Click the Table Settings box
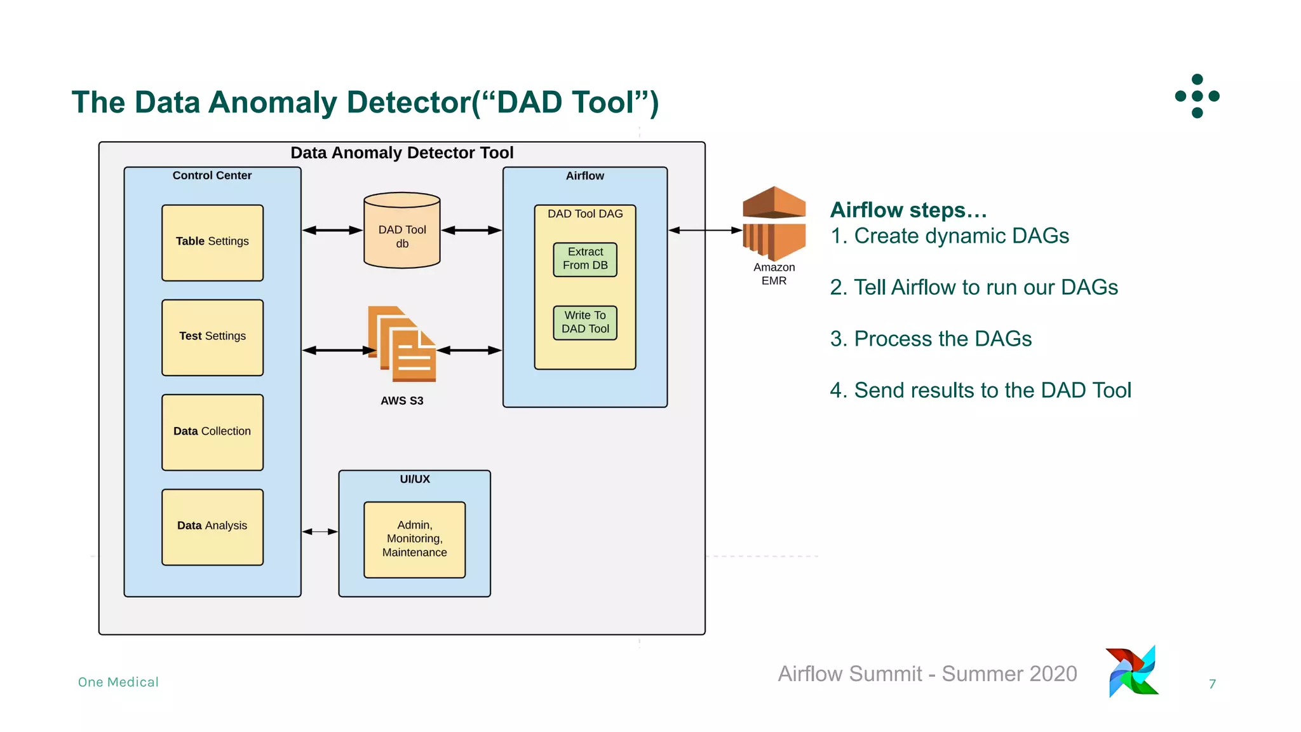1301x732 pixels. pos(212,243)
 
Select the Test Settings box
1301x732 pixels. pos(212,337)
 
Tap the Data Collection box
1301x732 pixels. pos(212,432)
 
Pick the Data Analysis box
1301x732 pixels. pos(212,527)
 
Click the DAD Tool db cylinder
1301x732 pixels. pos(402,232)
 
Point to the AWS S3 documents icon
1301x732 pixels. pos(402,344)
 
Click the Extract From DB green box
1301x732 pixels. pos(585,259)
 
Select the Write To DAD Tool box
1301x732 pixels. pos(585,323)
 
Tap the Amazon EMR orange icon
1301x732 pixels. pos(774,222)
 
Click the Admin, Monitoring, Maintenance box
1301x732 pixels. pos(414,539)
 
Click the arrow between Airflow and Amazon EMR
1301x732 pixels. pos(705,230)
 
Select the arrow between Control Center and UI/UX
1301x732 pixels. pos(320,531)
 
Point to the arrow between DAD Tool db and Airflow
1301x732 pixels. pos(471,230)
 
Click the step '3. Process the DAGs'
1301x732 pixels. pos(931,339)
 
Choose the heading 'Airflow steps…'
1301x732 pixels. pos(908,210)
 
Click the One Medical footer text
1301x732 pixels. pos(118,682)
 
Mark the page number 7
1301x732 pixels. pos(1212,684)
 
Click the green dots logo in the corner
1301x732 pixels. pos(1197,96)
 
